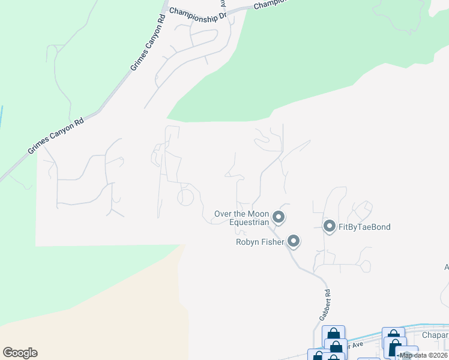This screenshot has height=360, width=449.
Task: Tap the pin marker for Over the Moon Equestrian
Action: pyautogui.click(x=278, y=217)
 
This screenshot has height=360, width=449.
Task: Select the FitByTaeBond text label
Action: pyautogui.click(x=364, y=227)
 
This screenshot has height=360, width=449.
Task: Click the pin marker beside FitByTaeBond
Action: pyautogui.click(x=329, y=226)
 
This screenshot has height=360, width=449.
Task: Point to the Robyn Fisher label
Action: pyautogui.click(x=260, y=242)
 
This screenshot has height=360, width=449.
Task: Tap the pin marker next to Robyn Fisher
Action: pyautogui.click(x=294, y=241)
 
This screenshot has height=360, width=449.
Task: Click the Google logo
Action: pyautogui.click(x=20, y=353)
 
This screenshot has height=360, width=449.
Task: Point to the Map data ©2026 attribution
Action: pyautogui.click(x=423, y=355)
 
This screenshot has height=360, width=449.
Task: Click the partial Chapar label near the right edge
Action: pyautogui.click(x=435, y=335)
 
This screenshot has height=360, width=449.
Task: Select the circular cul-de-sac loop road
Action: pyautogui.click(x=185, y=196)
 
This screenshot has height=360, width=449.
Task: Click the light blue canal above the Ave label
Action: pyautogui.click(x=372, y=334)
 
